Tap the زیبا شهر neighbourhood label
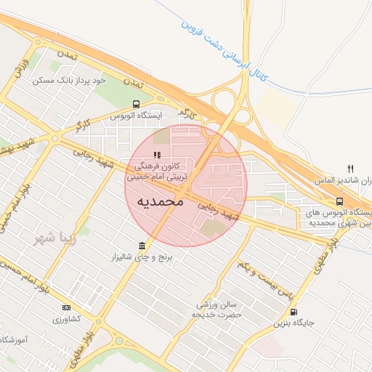click(x=54, y=238)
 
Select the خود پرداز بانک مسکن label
click(x=69, y=80)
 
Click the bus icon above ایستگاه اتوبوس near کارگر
click(x=136, y=105)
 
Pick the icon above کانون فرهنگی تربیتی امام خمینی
click(x=157, y=154)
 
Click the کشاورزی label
click(x=67, y=319)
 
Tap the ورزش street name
click(x=22, y=69)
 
